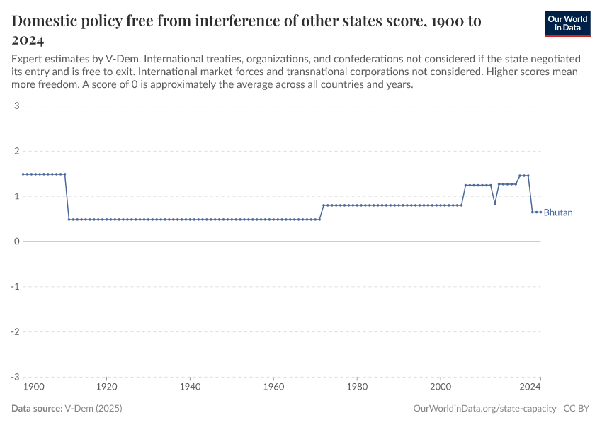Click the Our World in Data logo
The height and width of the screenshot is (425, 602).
pos(567,23)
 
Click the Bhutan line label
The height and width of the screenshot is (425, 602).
pos(558,212)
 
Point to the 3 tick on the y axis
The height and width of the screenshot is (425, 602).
pos(16,106)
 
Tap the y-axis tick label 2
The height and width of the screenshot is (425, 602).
pos(16,152)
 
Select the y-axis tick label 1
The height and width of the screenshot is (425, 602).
pos(16,196)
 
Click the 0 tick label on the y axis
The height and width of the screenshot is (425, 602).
pos(16,242)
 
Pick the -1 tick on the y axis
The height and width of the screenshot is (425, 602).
pos(14,287)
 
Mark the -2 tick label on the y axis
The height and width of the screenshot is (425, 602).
pos(14,331)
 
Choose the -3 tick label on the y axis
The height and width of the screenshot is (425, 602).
pos(14,377)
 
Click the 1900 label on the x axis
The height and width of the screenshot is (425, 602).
pos(33,387)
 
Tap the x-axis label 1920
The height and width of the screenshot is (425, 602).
pos(106,387)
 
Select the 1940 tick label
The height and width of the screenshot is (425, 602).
pos(190,387)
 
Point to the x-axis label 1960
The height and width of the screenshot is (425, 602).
pos(273,387)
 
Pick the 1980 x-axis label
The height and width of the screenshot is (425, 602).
pos(357,387)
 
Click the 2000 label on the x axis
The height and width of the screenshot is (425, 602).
pos(441,387)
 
